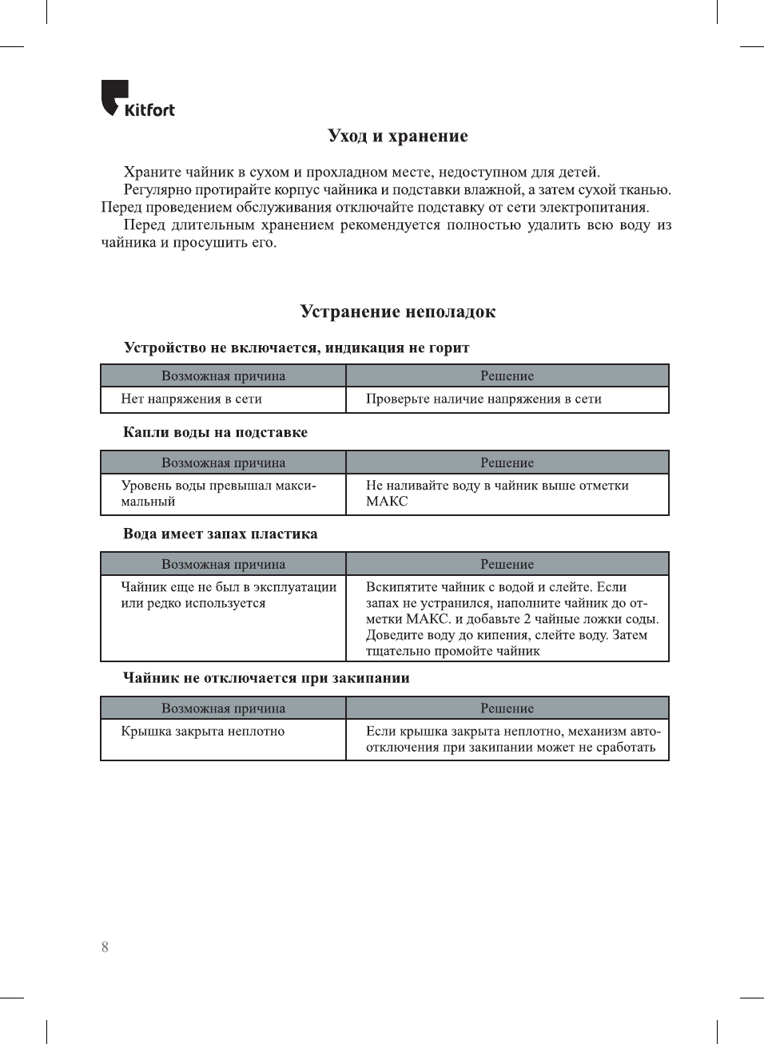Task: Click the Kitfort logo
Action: pos(137,99)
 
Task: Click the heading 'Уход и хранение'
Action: pos(397,136)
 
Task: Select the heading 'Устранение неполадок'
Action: pos(397,312)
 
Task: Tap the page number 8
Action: pos(105,947)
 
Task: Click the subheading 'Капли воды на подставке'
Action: pos(215,432)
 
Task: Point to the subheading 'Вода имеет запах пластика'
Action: pos(220,534)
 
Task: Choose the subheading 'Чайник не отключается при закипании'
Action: pos(266,678)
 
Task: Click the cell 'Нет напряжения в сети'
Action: pos(192,399)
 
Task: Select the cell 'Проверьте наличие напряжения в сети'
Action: pos(483,399)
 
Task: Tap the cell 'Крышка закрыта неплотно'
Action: pos(203,731)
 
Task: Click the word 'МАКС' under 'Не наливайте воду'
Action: pos(387,502)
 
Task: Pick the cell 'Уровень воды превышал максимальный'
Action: pos(218,494)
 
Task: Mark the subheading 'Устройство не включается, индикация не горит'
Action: pos(296,347)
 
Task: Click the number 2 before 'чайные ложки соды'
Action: pos(527,619)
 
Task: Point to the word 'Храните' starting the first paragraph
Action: pos(152,173)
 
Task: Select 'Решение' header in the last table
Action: pos(507,709)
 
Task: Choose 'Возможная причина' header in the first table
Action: pos(223,376)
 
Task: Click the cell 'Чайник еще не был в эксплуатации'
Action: pos(229,595)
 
